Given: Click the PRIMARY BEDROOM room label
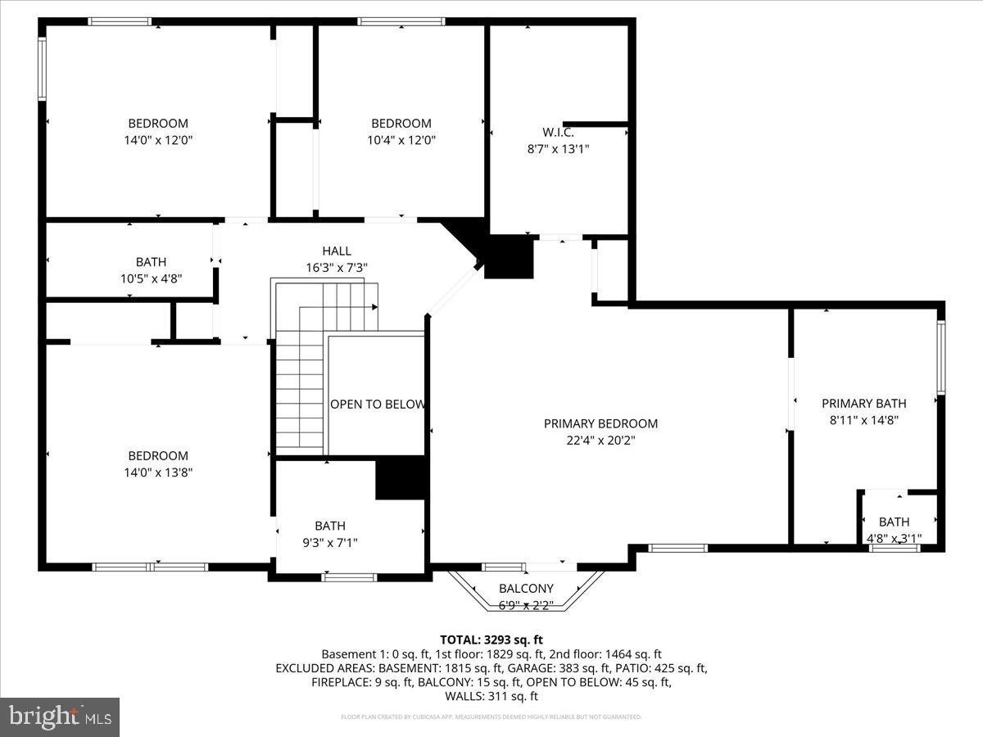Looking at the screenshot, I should point(600,423).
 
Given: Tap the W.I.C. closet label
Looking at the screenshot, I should point(558,132).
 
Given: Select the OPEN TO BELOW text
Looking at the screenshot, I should point(378,404).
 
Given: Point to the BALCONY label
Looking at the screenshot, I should point(526,588).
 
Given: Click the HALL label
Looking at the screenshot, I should point(336,251).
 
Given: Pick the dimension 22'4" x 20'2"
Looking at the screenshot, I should point(600,440).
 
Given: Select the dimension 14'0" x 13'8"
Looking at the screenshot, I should point(158,472).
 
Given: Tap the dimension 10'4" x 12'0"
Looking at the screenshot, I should point(401,140).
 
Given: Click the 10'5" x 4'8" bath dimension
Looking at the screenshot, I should point(151,278).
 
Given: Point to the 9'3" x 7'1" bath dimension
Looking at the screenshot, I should point(330,542).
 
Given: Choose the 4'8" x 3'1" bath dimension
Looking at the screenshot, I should point(894,538).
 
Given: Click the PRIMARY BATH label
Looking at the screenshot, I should point(863,403).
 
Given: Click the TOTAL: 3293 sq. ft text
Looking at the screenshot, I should point(491,640).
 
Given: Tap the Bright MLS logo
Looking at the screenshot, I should point(60,717).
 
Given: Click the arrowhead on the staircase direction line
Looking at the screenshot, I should point(375,307).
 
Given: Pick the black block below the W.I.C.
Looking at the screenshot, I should point(509,256).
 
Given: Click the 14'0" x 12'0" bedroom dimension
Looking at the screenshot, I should point(158,140).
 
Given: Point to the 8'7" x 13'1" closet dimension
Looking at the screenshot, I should point(558,149).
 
